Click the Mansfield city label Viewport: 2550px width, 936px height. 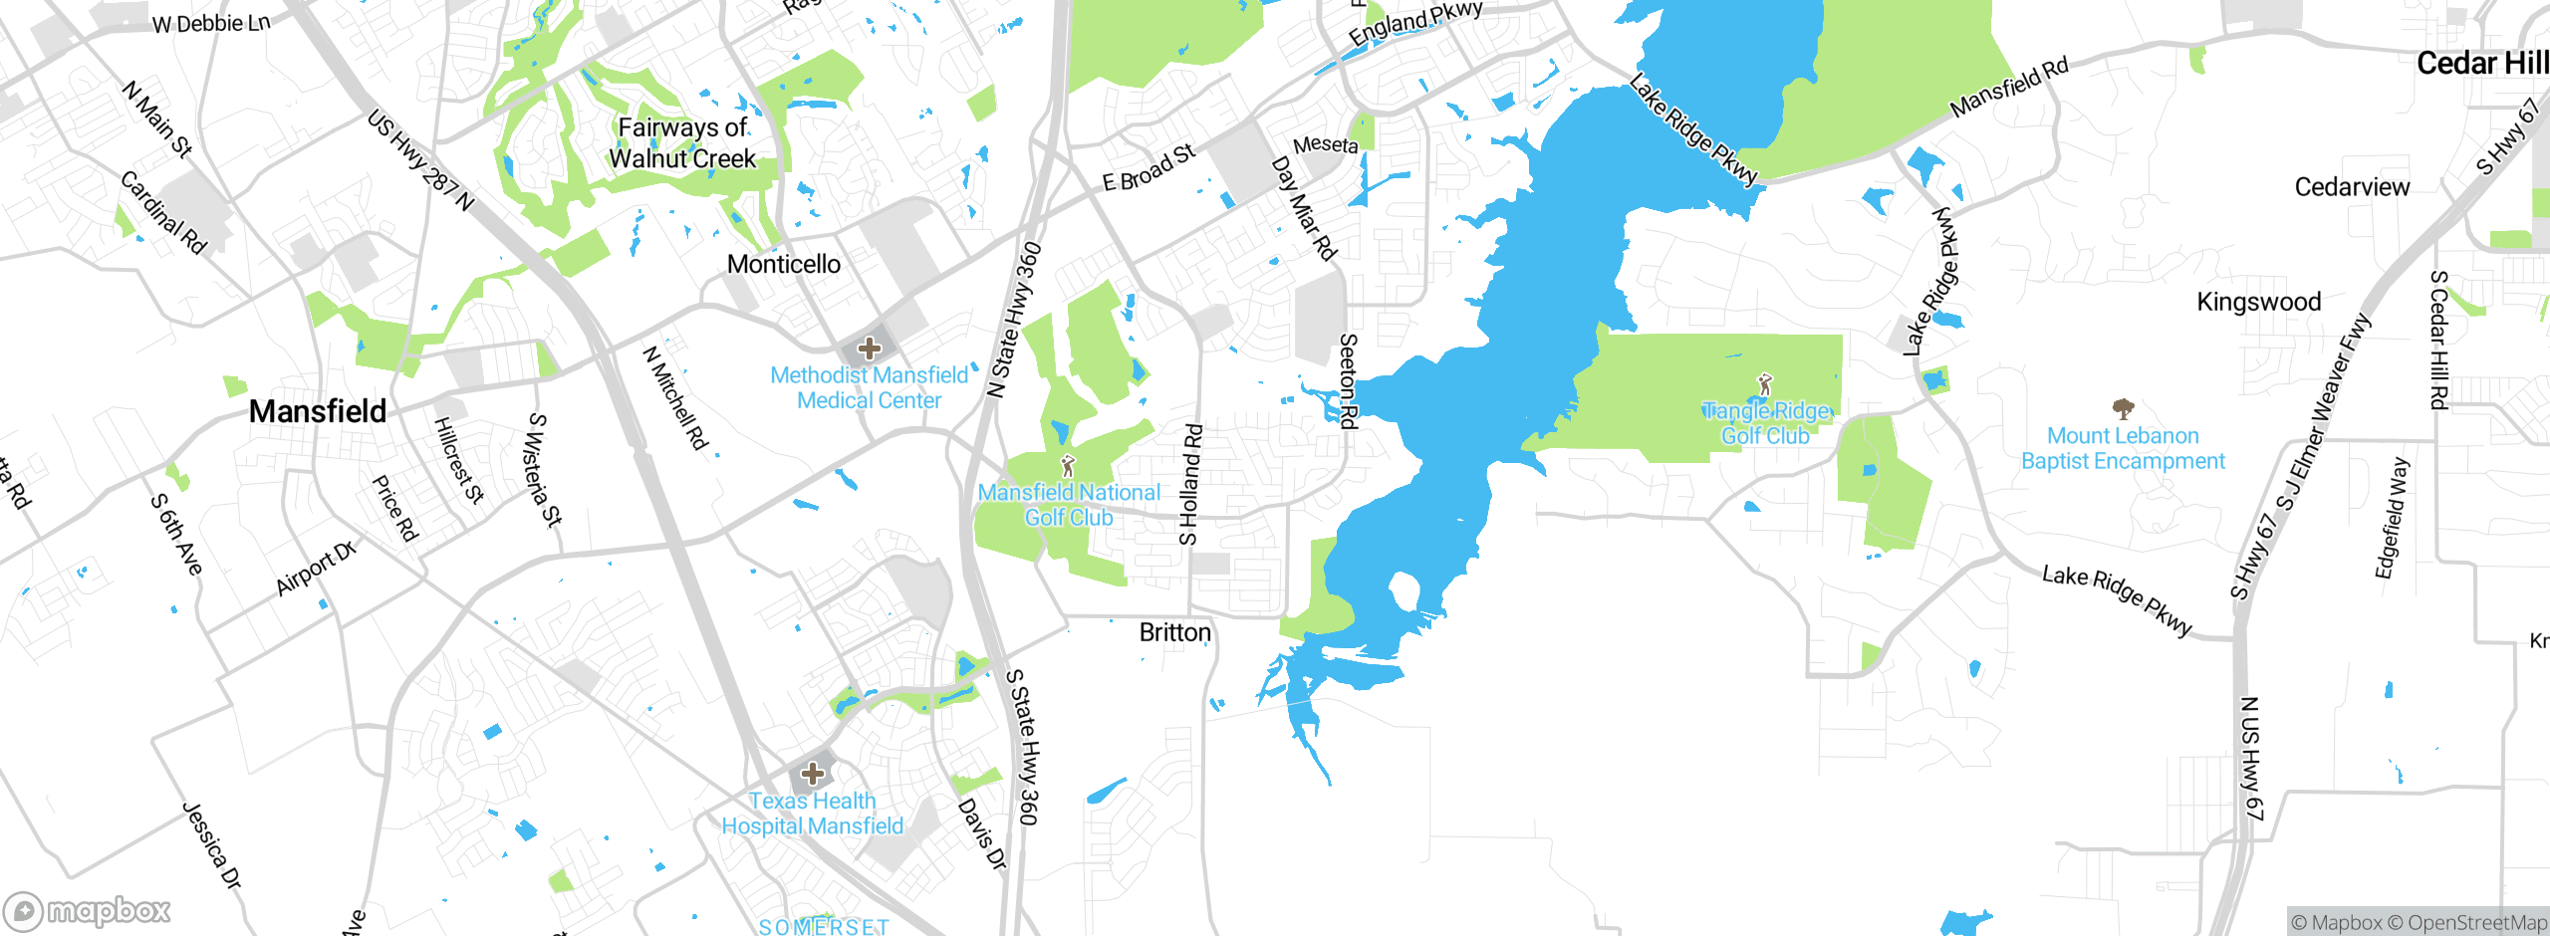coord(318,411)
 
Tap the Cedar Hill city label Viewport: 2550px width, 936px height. coord(2481,64)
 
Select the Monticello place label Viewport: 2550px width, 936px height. coord(784,264)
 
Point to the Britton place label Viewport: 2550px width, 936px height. coord(1175,632)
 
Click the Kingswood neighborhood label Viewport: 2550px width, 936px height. coord(2259,302)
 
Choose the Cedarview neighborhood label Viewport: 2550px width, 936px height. coord(2352,187)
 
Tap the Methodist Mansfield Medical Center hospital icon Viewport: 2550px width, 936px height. coord(870,349)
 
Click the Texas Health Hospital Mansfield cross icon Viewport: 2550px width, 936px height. coord(813,774)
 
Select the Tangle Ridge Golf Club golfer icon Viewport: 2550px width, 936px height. coord(1765,383)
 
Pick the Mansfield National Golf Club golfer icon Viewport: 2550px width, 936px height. coord(1068,465)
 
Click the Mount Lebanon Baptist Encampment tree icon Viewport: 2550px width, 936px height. coord(2123,408)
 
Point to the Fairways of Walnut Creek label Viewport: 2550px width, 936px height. coord(683,142)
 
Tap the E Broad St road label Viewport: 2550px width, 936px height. coord(1148,167)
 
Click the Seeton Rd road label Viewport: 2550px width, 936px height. coord(1348,380)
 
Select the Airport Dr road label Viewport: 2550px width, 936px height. coord(316,569)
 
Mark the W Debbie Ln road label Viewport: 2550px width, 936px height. coord(211,23)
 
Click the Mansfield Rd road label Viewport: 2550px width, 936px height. coord(2008,87)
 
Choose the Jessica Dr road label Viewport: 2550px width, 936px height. coord(212,845)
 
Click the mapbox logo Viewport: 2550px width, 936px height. coord(88,910)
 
